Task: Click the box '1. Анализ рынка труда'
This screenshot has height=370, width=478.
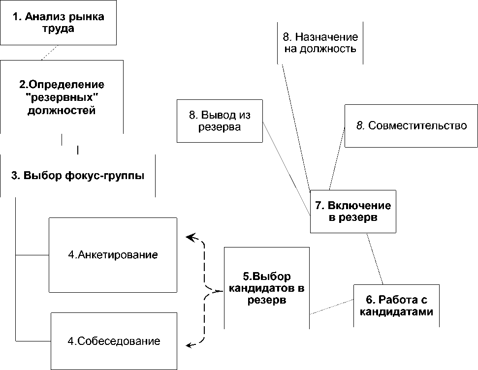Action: click(x=58, y=23)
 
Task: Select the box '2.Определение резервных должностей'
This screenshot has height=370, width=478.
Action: click(x=62, y=96)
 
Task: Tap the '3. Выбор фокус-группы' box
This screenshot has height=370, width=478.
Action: click(x=78, y=176)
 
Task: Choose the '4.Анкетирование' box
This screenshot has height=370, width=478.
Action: click(x=113, y=255)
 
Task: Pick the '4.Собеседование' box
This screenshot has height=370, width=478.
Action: click(x=114, y=341)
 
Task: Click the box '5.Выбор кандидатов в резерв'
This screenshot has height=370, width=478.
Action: click(x=266, y=288)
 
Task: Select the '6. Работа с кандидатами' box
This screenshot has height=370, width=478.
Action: click(x=396, y=305)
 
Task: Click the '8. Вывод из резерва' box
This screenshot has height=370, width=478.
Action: click(x=220, y=121)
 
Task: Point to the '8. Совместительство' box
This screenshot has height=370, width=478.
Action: click(x=411, y=126)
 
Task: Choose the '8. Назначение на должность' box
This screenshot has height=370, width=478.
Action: click(x=320, y=43)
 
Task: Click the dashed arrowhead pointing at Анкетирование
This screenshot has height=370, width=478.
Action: click(x=190, y=237)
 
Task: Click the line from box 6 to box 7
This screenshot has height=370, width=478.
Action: click(x=376, y=258)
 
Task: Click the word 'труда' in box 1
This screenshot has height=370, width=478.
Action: click(x=58, y=29)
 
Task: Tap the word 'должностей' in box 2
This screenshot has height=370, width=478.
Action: click(x=62, y=110)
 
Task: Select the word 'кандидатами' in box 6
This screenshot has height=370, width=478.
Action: click(x=397, y=312)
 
